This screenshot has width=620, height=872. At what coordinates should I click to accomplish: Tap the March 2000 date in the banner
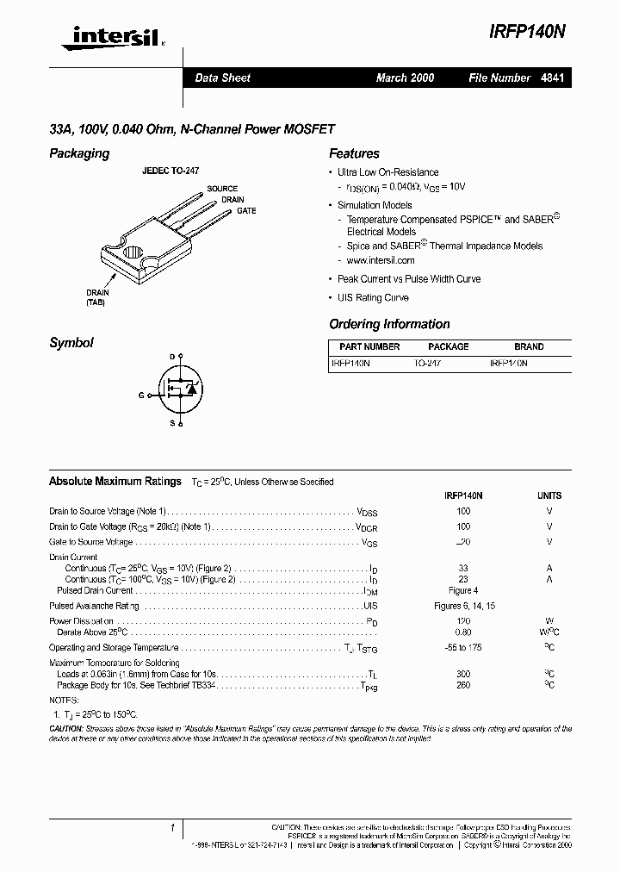tap(405, 78)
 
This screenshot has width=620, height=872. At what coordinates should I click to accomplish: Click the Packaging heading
tap(79, 153)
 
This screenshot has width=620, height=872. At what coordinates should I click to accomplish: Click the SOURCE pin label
tap(222, 189)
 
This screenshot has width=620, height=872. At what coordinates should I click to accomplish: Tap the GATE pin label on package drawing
tap(246, 210)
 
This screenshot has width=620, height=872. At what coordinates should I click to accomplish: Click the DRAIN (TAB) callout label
tap(97, 298)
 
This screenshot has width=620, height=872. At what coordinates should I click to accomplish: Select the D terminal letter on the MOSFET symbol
tap(171, 357)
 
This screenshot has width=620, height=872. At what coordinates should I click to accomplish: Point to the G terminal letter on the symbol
tap(141, 395)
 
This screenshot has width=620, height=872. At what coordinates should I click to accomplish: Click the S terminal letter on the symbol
tap(171, 423)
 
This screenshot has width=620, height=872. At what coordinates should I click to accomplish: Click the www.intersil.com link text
tap(381, 260)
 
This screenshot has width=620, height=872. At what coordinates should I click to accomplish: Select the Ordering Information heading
tap(389, 325)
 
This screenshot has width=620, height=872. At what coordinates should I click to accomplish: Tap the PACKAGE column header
tap(449, 347)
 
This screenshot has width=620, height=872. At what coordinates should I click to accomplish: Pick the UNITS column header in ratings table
tap(549, 495)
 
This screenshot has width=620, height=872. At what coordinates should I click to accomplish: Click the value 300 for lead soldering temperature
tap(463, 674)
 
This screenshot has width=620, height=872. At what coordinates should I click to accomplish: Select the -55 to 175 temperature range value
tap(463, 647)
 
